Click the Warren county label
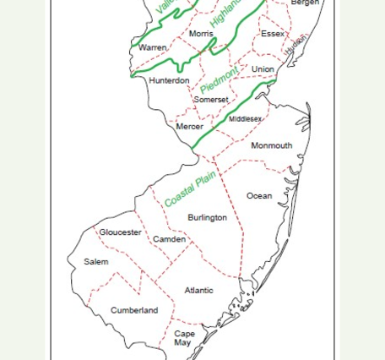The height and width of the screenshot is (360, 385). coord(153,48)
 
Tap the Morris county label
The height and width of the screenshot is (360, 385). coord(201,34)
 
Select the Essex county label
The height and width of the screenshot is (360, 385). coord(273,34)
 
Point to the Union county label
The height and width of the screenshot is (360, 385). coord(263,69)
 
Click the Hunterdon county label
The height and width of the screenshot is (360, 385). coord(169,81)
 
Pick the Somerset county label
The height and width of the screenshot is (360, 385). coord(211,100)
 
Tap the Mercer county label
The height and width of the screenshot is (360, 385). coord(190,127)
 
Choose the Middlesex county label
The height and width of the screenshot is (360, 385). coord(246,119)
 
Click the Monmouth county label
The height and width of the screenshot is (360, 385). coord(272,145)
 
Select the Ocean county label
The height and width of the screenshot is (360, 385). coord(259,196)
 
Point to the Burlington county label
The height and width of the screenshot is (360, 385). coord(207,217)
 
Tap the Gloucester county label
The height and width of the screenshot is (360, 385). coord(121,232)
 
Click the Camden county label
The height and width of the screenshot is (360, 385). coord(169,239)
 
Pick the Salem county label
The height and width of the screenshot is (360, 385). coord(96,262)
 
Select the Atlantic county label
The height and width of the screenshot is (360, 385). coord(199,291)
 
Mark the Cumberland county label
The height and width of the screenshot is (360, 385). coord(134,310)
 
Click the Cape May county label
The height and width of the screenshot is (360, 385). coord(184,338)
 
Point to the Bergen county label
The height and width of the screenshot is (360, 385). coord(305,3)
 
